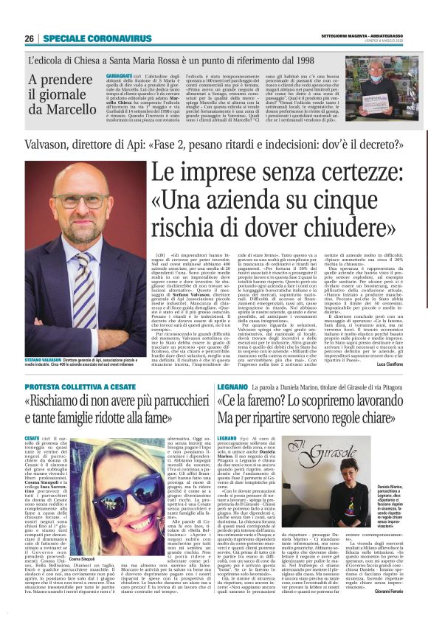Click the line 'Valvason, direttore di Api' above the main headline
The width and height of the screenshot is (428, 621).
point(89,145)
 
